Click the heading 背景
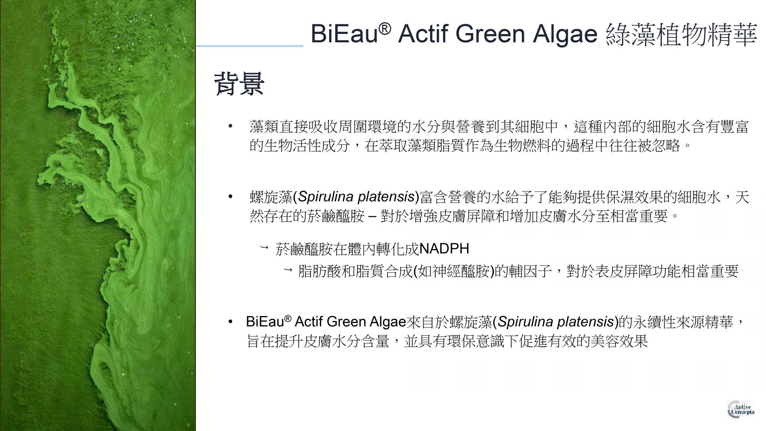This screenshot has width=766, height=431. click(x=239, y=84)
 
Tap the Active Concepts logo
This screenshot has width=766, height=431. click(x=741, y=409)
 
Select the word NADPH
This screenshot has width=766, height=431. click(x=444, y=249)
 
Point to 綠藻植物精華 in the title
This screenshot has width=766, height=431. click(x=681, y=34)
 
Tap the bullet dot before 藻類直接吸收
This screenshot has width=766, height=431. click(x=230, y=127)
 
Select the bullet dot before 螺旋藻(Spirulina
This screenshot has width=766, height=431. click(x=230, y=197)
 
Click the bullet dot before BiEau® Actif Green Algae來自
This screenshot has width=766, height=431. click(x=230, y=322)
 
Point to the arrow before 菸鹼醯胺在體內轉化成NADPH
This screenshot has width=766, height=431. click(x=264, y=248)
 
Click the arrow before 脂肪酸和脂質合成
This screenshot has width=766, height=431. click(x=288, y=270)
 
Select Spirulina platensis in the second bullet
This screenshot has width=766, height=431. click(x=356, y=197)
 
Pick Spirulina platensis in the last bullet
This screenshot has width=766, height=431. click(x=556, y=322)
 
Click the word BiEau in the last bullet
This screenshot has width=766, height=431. click(x=265, y=322)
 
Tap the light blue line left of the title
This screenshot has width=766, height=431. click(x=249, y=46)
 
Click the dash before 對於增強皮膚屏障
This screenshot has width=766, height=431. click(x=372, y=216)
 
